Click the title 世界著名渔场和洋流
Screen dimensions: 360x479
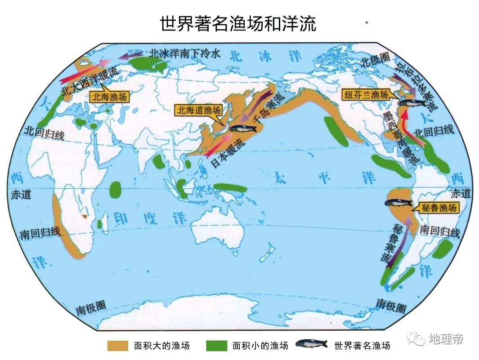point(238,23)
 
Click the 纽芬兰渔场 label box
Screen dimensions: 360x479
point(366,95)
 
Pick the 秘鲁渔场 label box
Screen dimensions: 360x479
point(439,208)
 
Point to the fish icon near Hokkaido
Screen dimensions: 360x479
point(243,128)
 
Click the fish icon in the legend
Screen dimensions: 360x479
point(311,345)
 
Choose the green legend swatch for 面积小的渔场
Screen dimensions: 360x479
point(217,346)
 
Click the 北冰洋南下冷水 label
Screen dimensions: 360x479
point(185,53)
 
